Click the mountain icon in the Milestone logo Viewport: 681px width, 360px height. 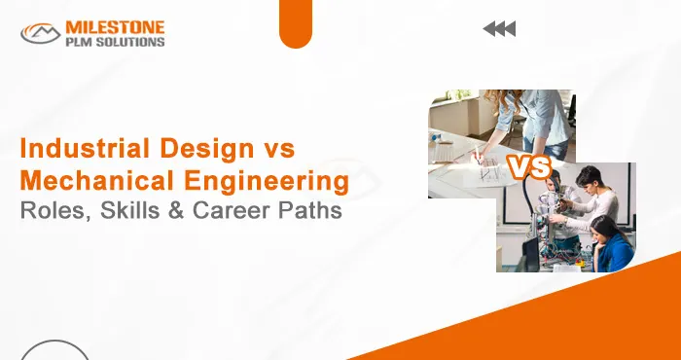click(x=41, y=34)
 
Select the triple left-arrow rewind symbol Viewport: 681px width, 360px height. click(x=499, y=29)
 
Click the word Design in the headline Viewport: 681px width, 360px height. click(x=201, y=150)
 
